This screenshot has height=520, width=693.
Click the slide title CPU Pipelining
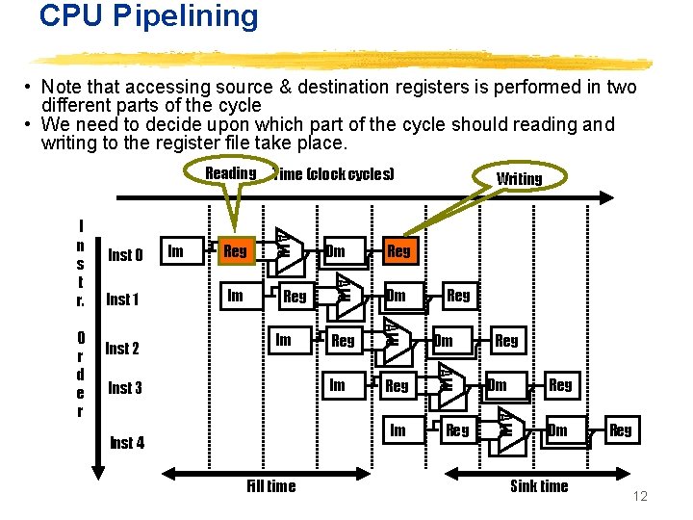coord(149,16)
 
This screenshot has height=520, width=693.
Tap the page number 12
coord(640,496)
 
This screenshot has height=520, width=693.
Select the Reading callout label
coord(230,173)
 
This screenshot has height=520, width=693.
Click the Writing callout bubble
coord(519,178)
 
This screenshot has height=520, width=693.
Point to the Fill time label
coord(270,486)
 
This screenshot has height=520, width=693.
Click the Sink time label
coord(538,486)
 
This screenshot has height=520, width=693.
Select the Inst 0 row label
coord(125,255)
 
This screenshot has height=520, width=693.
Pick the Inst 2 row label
coord(122,349)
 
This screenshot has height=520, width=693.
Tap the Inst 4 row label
coord(127,443)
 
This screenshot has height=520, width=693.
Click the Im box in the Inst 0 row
coord(175,251)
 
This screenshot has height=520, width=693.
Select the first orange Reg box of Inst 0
coord(235,251)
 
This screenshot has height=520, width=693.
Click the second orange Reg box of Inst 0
coord(398,251)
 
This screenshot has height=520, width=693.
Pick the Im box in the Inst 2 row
coord(283,340)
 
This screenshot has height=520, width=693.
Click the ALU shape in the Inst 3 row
coord(447,377)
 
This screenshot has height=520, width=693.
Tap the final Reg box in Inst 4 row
coord(621,430)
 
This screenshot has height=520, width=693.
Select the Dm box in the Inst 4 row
coord(558,430)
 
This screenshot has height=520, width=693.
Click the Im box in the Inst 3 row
coord(337,385)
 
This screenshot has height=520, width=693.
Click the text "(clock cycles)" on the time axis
coord(349,174)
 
